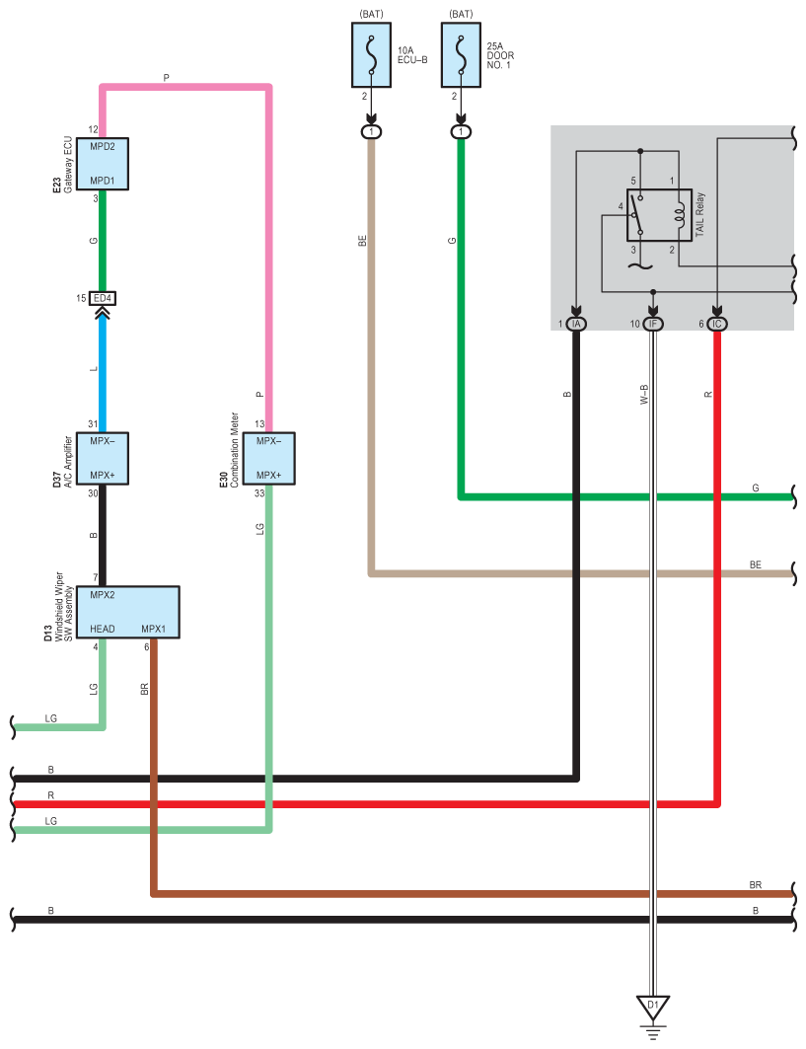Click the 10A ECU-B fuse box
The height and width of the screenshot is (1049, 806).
point(371,55)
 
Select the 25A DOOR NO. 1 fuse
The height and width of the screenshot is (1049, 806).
point(461,55)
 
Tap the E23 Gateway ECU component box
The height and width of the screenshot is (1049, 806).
point(103,164)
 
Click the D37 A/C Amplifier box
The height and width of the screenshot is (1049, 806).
point(103,459)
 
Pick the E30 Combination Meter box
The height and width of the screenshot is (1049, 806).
point(268,459)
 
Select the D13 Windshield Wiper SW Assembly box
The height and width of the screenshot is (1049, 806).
point(127,612)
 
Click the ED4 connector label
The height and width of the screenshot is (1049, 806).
point(103,298)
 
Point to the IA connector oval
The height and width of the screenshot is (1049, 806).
point(576,324)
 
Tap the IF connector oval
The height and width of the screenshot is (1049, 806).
point(653,324)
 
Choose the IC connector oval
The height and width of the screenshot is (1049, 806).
point(717,324)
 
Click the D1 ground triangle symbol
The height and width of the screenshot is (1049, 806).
point(653,1007)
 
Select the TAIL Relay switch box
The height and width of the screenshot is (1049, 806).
point(659,215)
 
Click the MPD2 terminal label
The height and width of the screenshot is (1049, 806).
point(103,146)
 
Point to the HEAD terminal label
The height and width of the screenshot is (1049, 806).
point(103,629)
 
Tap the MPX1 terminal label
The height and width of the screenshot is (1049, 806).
point(153,629)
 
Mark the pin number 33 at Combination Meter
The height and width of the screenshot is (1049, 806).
point(259,493)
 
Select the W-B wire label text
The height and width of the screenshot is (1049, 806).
point(644,395)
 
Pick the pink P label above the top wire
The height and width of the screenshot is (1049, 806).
point(166,78)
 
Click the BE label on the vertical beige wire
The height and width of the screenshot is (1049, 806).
point(362,241)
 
